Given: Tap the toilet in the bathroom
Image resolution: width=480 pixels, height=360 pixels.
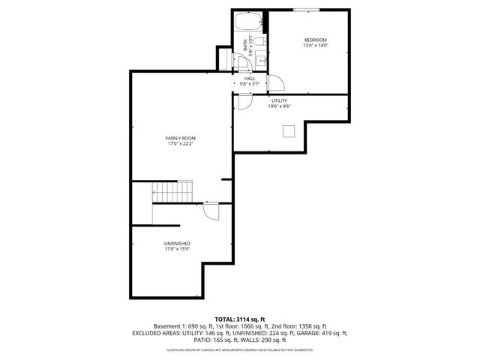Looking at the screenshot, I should [x=257, y=42].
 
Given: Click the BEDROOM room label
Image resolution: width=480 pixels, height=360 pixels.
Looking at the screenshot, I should [x=316, y=40].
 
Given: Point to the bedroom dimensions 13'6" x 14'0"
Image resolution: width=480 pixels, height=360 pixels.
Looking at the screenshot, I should [x=316, y=46].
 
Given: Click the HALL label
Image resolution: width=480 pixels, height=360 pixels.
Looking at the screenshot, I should [x=250, y=78].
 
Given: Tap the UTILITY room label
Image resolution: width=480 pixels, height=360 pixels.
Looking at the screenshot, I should [x=280, y=100].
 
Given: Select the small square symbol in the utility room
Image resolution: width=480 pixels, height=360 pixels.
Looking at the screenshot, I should [x=289, y=131].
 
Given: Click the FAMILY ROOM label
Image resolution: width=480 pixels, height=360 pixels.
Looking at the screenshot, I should [x=179, y=138].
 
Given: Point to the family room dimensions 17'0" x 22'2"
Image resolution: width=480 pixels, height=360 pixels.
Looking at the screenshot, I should [x=179, y=144].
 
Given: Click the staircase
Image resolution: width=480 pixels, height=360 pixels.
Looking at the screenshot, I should [x=172, y=192].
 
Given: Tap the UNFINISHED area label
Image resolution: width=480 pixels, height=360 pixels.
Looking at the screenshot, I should [x=177, y=244].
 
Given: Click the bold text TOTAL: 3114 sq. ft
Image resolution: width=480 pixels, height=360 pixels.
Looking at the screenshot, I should [x=240, y=319].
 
